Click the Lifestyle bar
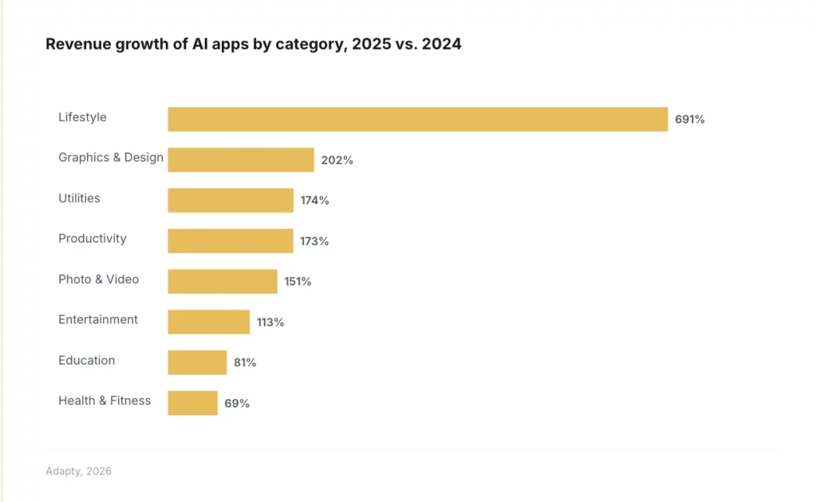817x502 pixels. (x=417, y=119)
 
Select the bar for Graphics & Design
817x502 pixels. (x=240, y=160)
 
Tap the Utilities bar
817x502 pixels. (x=231, y=200)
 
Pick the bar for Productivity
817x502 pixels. (x=230, y=241)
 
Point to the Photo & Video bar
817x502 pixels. (x=222, y=282)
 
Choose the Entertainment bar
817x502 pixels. (x=208, y=322)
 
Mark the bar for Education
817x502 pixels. (x=197, y=362)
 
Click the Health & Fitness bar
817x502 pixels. (x=192, y=403)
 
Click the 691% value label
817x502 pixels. (x=689, y=120)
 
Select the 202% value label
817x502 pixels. (x=337, y=160)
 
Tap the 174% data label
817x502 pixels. (x=314, y=200)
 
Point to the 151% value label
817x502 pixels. (x=298, y=282)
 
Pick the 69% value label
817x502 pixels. (x=237, y=403)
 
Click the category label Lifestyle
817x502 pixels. (x=82, y=117)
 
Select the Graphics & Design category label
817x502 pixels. (x=111, y=157)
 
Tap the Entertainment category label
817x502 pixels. (x=98, y=319)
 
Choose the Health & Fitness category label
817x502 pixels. (x=105, y=401)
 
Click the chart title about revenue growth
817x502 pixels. (x=253, y=44)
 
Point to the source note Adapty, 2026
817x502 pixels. (x=78, y=471)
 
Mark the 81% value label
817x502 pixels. (x=245, y=362)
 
